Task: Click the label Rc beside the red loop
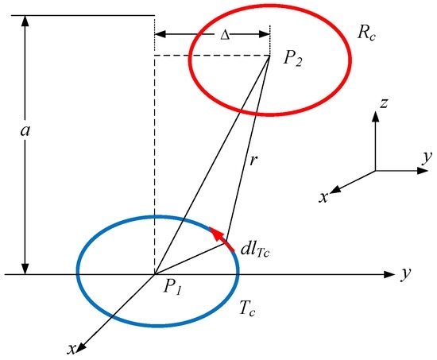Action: [x=367, y=33]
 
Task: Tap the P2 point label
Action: [x=292, y=60]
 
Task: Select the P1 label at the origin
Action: [x=172, y=287]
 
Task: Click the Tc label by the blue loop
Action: [x=247, y=308]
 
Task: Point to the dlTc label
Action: [x=255, y=250]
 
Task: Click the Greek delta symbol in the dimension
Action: [x=225, y=36]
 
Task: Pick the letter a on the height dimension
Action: [x=25, y=130]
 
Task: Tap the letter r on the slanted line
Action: [x=253, y=161]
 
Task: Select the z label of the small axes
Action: [x=384, y=103]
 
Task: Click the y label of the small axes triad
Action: [x=427, y=158]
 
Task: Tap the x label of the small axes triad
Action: [x=323, y=197]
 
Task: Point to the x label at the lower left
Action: [x=72, y=349]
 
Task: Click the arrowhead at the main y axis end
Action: [x=389, y=274]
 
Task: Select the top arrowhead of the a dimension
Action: [x=25, y=21]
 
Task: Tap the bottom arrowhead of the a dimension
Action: [x=25, y=269]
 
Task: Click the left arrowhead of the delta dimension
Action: [x=160, y=35]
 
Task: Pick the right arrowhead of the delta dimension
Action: [x=265, y=35]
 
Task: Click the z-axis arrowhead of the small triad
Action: [x=376, y=117]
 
